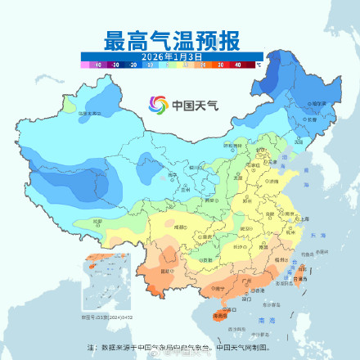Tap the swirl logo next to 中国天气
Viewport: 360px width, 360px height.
tap(157, 105)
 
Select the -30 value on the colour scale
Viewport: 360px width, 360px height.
tap(115, 63)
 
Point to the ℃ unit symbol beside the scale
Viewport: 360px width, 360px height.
tap(258, 63)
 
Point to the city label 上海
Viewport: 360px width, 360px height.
tap(304, 219)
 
